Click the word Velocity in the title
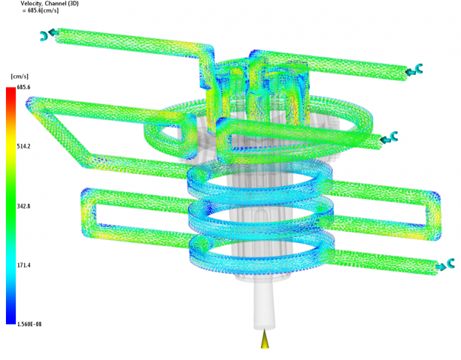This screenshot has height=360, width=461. (x=31, y=4)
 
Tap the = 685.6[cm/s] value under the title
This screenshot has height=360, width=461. (x=40, y=10)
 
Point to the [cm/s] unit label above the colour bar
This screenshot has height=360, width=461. (x=19, y=76)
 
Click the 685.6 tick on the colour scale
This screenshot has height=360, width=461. (x=23, y=87)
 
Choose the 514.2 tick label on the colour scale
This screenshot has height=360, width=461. (x=23, y=146)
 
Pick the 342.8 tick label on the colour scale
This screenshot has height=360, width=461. (x=23, y=206)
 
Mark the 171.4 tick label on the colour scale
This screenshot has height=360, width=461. (x=23, y=265)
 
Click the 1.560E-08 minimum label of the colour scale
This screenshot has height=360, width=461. (x=29, y=325)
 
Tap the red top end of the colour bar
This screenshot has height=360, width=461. (x=10, y=89)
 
